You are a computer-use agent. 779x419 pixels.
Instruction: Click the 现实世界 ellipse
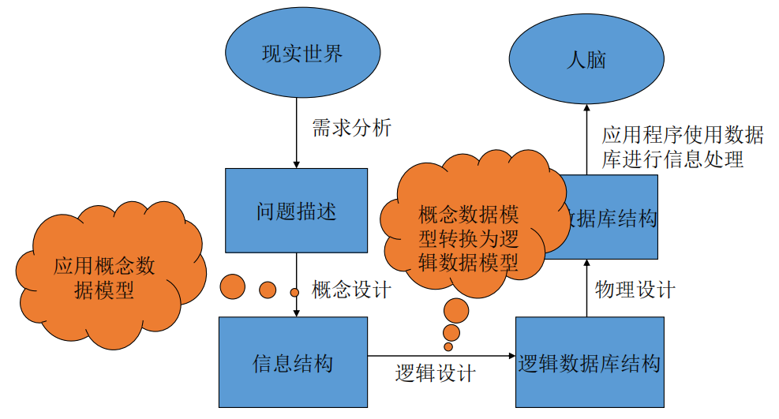point(301,54)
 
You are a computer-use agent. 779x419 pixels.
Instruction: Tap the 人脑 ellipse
point(586,59)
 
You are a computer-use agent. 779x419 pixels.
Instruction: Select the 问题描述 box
point(296,211)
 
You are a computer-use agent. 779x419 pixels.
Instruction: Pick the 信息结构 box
point(293,362)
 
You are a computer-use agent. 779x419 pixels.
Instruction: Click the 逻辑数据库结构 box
point(589,362)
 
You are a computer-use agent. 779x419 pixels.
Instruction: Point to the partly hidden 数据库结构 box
point(620,217)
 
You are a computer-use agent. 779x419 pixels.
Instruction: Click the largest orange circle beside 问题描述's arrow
point(233,286)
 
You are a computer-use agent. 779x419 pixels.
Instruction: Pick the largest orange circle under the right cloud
point(456,309)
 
